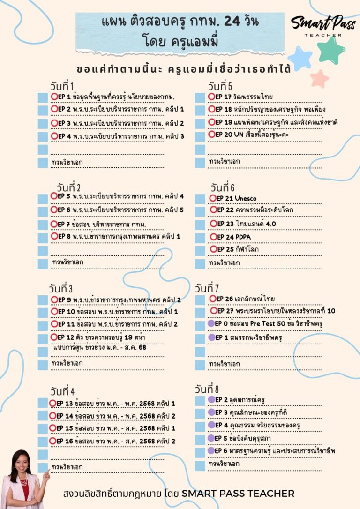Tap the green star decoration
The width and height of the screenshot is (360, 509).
pyautogui.click(x=332, y=50)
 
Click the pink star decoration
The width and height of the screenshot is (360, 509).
pyautogui.click(x=320, y=78)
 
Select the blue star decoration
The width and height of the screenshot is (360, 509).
pyautogui.click(x=300, y=59)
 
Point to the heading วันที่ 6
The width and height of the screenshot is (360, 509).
pyautogui.click(x=222, y=187)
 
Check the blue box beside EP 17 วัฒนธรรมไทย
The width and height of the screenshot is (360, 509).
pyautogui.click(x=200, y=97)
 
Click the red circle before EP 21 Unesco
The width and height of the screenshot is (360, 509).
pyautogui.click(x=213, y=198)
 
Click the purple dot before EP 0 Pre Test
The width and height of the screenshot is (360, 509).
pyautogui.click(x=211, y=324)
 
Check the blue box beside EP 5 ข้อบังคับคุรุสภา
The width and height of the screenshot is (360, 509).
pyautogui.click(x=200, y=438)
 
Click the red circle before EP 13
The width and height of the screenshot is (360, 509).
pyautogui.click(x=52, y=403)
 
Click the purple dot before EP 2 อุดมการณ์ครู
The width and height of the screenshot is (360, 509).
pyautogui.click(x=211, y=399)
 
